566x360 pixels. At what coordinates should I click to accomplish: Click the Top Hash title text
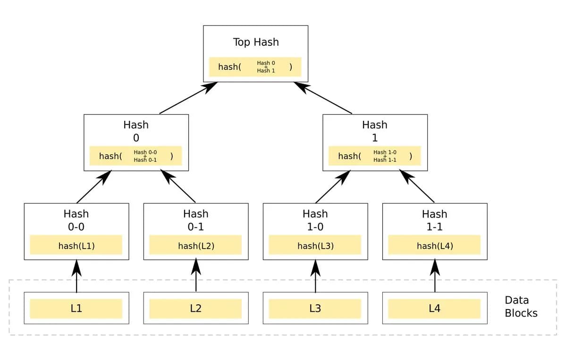pos(256,42)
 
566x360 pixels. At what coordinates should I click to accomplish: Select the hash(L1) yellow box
pos(76,245)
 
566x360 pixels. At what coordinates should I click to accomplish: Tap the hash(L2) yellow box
pos(195,245)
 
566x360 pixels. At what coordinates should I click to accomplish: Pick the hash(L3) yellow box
pos(315,245)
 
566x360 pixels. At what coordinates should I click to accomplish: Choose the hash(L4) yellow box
pos(434,245)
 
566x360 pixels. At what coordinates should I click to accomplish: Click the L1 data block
pos(76,309)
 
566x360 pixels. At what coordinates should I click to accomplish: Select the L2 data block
pos(195,309)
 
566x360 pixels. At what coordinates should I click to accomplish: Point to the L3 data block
pos(315,309)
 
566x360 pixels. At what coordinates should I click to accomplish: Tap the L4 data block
pos(434,309)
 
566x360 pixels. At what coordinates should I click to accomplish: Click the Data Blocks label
pos(521,307)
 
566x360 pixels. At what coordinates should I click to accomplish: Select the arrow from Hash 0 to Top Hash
pos(188,98)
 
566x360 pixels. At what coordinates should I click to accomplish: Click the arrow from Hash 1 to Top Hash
pos(323,98)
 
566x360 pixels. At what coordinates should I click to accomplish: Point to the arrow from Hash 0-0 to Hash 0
pos(93,187)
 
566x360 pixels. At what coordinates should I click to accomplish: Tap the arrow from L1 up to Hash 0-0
pos(76,276)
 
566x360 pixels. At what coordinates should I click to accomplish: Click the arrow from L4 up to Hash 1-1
pos(435,276)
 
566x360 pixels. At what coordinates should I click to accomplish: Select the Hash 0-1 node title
pos(195,220)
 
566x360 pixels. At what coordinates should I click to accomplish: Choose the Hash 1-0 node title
pos(315,220)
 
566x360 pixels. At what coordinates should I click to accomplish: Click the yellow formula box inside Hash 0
pos(135,156)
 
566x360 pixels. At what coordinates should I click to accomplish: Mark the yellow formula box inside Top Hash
pos(255,67)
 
